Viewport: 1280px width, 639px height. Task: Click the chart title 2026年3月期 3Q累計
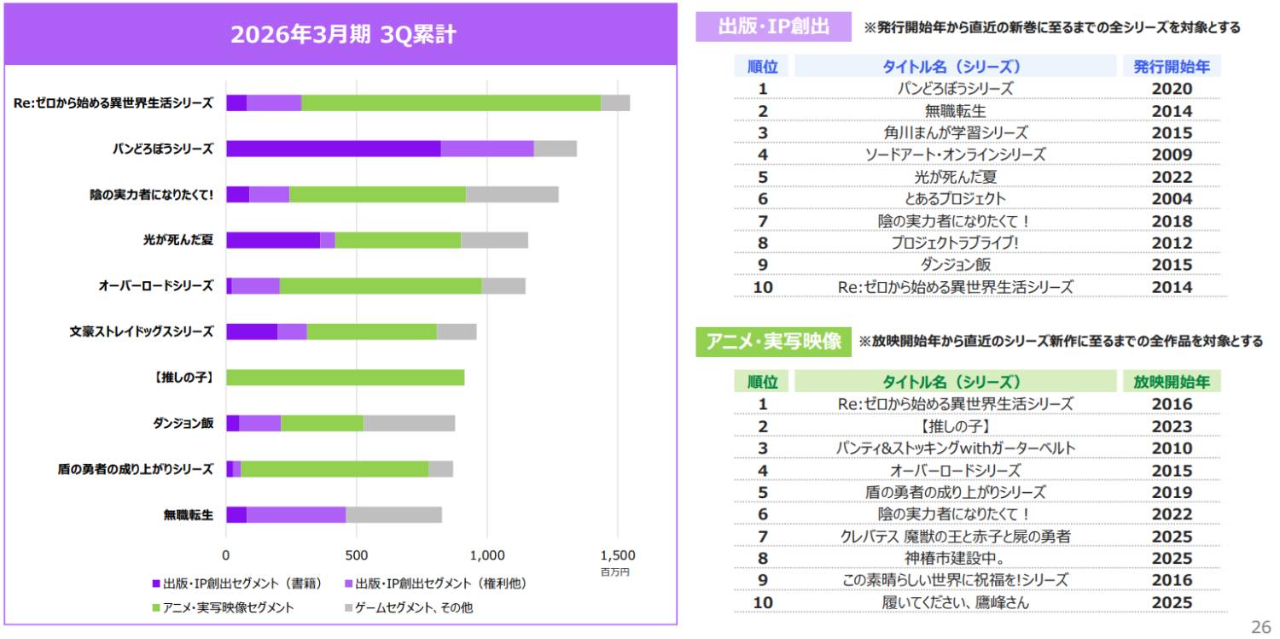pyautogui.click(x=343, y=35)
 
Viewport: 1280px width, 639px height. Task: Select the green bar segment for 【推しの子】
pyautogui.click(x=345, y=377)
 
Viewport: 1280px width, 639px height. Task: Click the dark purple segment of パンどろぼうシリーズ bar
pyautogui.click(x=333, y=149)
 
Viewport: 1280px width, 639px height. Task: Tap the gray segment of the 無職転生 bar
pyautogui.click(x=393, y=514)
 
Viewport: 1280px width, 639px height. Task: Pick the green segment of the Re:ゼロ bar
pyautogui.click(x=451, y=103)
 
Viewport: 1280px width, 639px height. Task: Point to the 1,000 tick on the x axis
pyautogui.click(x=487, y=554)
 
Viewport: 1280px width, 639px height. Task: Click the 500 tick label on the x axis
pyautogui.click(x=357, y=554)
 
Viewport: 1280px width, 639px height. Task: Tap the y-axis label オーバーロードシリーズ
pyautogui.click(x=155, y=285)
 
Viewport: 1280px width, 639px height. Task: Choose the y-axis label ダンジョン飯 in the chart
pyautogui.click(x=183, y=423)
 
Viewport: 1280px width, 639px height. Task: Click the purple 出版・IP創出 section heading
pyautogui.click(x=773, y=26)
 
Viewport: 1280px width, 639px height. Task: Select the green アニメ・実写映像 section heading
pyautogui.click(x=773, y=341)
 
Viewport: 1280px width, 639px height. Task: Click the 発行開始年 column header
pyautogui.click(x=1172, y=67)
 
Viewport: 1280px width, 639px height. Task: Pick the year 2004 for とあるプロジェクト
pyautogui.click(x=1172, y=198)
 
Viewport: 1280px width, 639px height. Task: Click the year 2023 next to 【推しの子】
pyautogui.click(x=1172, y=426)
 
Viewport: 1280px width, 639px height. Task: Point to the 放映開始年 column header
pyautogui.click(x=1172, y=381)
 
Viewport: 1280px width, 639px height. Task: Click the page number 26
pyautogui.click(x=1260, y=625)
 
